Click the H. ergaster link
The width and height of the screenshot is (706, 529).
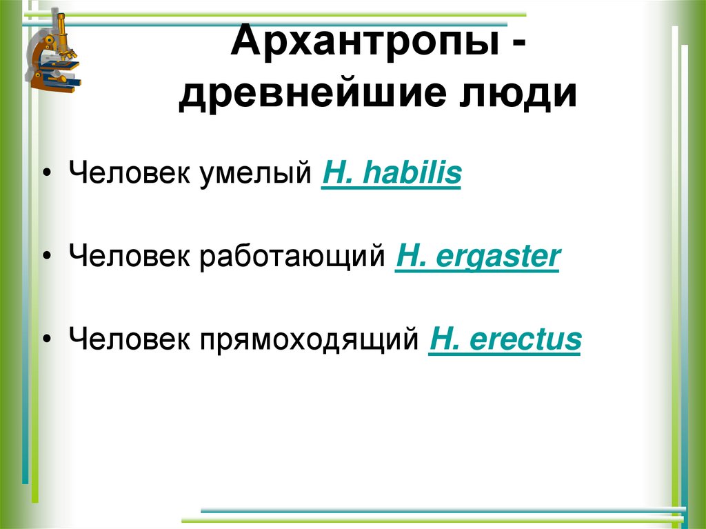tap(476, 257)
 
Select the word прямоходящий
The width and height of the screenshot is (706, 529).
tap(310, 341)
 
